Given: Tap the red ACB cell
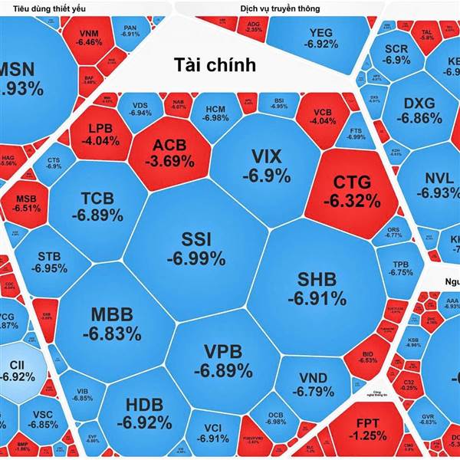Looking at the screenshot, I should pos(169,153).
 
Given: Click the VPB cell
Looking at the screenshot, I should pos(222,360).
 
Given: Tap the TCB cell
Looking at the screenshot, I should pos(97,207).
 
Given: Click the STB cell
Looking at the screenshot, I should pos(49,261).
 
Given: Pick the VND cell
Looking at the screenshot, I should pos(313,385).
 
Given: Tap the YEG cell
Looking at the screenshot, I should pos(320,38).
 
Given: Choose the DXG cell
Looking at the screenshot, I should pos(418,111).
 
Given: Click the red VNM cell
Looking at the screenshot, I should pos(90,37).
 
